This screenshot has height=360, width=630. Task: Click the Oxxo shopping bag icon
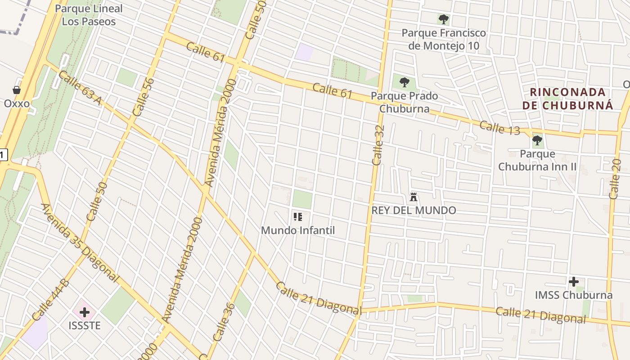point(17,90)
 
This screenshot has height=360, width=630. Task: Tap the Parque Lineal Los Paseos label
point(89,15)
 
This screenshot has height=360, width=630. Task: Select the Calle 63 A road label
point(80,88)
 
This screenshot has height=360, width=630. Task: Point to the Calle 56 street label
point(144,97)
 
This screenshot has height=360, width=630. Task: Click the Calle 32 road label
point(378,145)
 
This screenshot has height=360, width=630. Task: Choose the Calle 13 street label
point(499,128)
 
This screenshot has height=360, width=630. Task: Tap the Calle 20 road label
point(615,179)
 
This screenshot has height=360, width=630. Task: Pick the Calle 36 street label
point(224,322)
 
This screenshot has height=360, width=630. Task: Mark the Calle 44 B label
point(50,299)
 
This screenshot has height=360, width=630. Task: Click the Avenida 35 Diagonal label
point(80,243)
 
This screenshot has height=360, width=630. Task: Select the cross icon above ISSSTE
point(85,312)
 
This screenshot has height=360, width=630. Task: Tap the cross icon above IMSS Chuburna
point(573,282)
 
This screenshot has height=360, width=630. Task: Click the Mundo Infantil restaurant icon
point(297,217)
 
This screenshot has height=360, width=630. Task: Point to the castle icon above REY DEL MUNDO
point(414,197)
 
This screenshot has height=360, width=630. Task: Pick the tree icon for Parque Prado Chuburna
point(404,82)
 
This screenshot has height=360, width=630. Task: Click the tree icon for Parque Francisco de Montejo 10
point(443,19)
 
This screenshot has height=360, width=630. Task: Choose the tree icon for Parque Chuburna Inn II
point(537,140)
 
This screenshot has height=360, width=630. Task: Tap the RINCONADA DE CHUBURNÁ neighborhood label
point(568,99)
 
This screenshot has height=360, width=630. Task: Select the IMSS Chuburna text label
point(573,295)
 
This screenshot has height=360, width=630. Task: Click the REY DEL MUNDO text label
point(414,210)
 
